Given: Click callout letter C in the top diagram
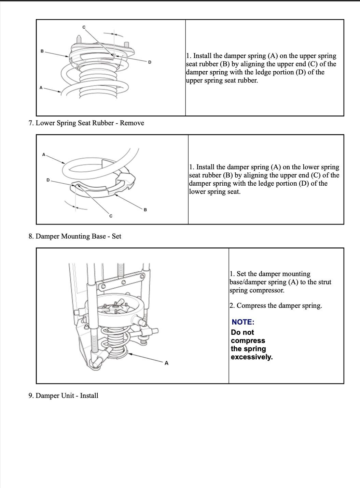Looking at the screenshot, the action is pos(84,27).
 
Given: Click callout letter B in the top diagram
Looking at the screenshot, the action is pos(42,51).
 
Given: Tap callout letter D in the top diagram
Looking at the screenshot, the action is pos(150,62).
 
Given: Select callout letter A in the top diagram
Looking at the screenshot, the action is pos(41,88).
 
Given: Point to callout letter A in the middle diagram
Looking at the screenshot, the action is pos(44,155).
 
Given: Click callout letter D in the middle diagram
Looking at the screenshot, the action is pos(48,180).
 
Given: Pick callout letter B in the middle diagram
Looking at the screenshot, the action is pos(145,210).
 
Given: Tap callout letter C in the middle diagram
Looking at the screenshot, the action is pos(111,216).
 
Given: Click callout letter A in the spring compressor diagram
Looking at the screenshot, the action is pos(167,363).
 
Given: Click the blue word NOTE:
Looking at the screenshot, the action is pos(243,322).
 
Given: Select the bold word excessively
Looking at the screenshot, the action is pos(252,357).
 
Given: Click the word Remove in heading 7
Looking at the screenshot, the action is pos(132,123).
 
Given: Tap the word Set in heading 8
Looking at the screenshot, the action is pos(116,236).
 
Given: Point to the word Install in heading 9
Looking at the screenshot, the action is pos(89,396).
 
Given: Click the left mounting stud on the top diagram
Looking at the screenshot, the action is pos(79,39).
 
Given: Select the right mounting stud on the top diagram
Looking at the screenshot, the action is pos(126,45).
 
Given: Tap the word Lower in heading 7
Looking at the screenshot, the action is pos(45,123).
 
